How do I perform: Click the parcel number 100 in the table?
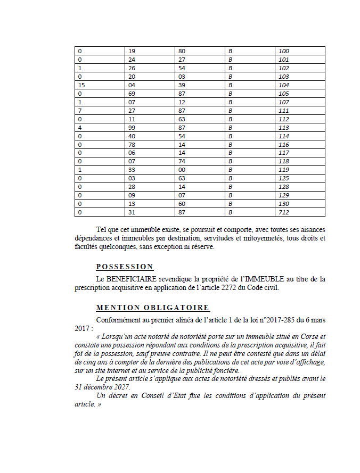point(283,51)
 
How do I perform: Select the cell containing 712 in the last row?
point(283,213)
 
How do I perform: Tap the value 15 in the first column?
point(81,85)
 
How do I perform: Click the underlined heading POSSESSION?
point(125,267)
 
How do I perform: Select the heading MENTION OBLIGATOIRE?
point(153,308)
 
